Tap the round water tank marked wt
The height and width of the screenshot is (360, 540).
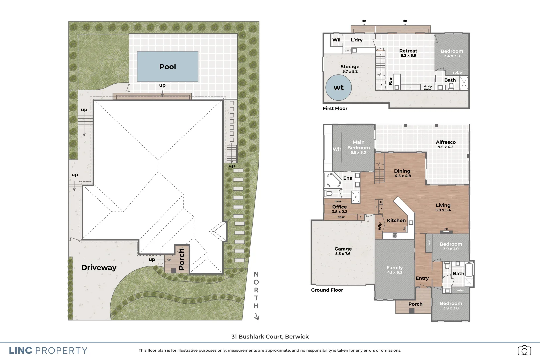(x=338, y=88)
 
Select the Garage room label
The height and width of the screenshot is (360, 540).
(x=343, y=249)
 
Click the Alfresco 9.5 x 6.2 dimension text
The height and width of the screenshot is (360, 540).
(x=445, y=147)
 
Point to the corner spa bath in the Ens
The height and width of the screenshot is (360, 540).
(x=333, y=180)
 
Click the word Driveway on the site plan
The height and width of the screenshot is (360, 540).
(x=99, y=268)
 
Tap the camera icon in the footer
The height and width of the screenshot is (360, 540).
(x=524, y=350)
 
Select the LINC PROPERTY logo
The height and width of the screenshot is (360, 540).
(x=48, y=351)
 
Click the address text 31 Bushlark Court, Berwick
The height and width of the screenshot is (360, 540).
(x=270, y=337)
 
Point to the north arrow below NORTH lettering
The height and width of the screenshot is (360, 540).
(x=257, y=317)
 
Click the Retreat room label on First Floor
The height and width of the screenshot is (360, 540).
(x=408, y=51)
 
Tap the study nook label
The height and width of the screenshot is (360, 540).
(x=428, y=88)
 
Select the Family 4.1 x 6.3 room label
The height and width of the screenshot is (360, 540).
(x=395, y=270)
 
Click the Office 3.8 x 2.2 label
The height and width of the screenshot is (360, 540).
(x=339, y=209)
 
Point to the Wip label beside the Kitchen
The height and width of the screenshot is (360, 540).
(x=379, y=227)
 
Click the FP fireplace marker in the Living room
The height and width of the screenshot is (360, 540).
(x=446, y=229)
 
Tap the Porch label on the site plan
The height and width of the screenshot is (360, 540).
(x=181, y=259)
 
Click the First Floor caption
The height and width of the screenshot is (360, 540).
(x=335, y=109)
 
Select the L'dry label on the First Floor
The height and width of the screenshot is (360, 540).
(x=356, y=40)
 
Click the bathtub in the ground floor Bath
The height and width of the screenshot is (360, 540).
(x=469, y=270)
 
